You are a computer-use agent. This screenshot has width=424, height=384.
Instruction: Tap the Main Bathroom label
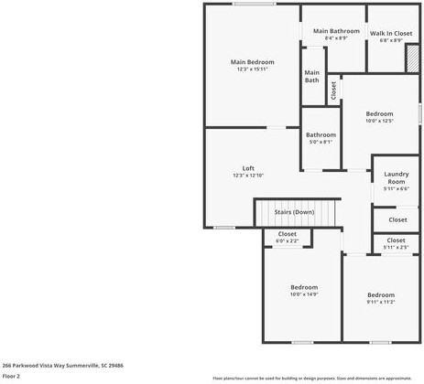pyautogui.click(x=336, y=31)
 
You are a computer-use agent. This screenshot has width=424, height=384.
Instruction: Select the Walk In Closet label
pyautogui.click(x=391, y=34)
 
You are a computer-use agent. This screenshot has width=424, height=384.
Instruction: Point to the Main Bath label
pyautogui.click(x=312, y=76)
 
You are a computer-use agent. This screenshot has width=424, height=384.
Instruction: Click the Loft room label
pyautogui.click(x=248, y=167)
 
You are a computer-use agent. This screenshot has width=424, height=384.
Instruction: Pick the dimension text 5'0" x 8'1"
pyautogui.click(x=320, y=142)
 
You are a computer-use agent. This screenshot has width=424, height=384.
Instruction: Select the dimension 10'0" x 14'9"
pyautogui.click(x=303, y=293)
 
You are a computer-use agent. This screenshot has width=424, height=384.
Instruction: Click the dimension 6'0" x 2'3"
pyautogui.click(x=287, y=240)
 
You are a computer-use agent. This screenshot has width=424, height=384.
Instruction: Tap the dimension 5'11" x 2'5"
pyautogui.click(x=397, y=247)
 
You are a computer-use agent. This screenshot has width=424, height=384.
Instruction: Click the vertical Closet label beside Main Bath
pyautogui.click(x=334, y=90)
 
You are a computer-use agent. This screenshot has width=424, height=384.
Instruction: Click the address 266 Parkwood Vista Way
pyautogui.click(x=62, y=365)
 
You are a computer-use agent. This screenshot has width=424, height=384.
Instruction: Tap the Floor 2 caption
pyautogui.click(x=11, y=376)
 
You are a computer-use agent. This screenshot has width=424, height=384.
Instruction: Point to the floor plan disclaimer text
pyautogui.click(x=312, y=377)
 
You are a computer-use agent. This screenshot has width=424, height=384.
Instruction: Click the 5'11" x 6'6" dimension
pyautogui.click(x=396, y=188)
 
